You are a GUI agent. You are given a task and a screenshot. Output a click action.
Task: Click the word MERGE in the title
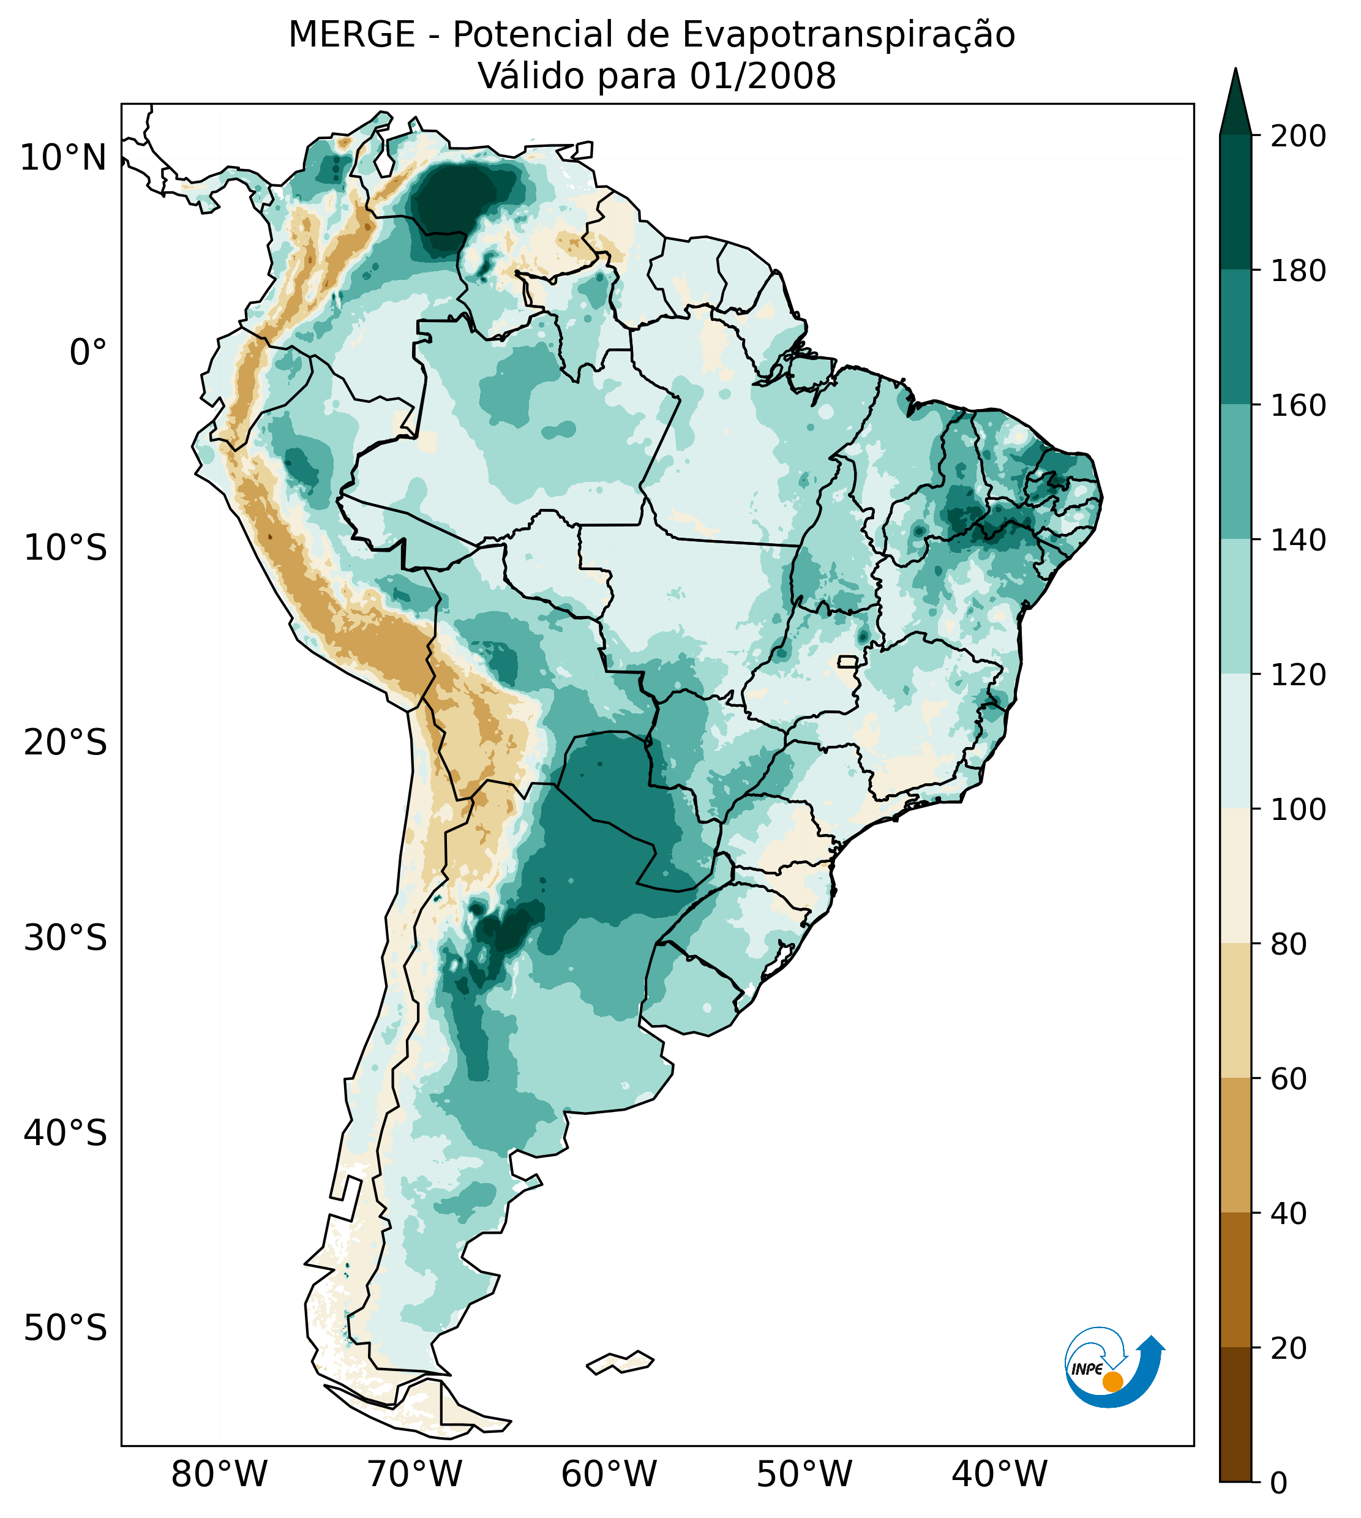(351, 35)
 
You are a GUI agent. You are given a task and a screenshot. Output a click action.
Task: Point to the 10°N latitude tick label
(63, 159)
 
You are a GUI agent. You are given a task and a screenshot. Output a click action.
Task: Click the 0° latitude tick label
(88, 353)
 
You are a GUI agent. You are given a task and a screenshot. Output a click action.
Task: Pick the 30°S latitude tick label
(66, 939)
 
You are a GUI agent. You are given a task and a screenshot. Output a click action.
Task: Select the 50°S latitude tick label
(66, 1329)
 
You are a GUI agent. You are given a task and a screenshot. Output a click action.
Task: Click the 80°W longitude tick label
(219, 1475)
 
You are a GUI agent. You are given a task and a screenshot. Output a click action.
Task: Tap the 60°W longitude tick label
(609, 1475)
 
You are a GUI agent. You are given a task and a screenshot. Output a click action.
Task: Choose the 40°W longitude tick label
(999, 1475)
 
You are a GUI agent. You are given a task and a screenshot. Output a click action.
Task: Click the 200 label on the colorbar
(1298, 137)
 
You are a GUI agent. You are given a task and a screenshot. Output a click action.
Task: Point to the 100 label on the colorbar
(1298, 809)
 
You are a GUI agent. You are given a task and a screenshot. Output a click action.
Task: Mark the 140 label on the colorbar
(1298, 540)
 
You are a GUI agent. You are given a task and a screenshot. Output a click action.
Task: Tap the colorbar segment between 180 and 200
(1235, 202)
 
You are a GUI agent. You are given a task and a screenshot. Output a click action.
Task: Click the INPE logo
(1114, 1367)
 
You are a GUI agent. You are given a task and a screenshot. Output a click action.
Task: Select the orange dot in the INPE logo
(1112, 1381)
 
